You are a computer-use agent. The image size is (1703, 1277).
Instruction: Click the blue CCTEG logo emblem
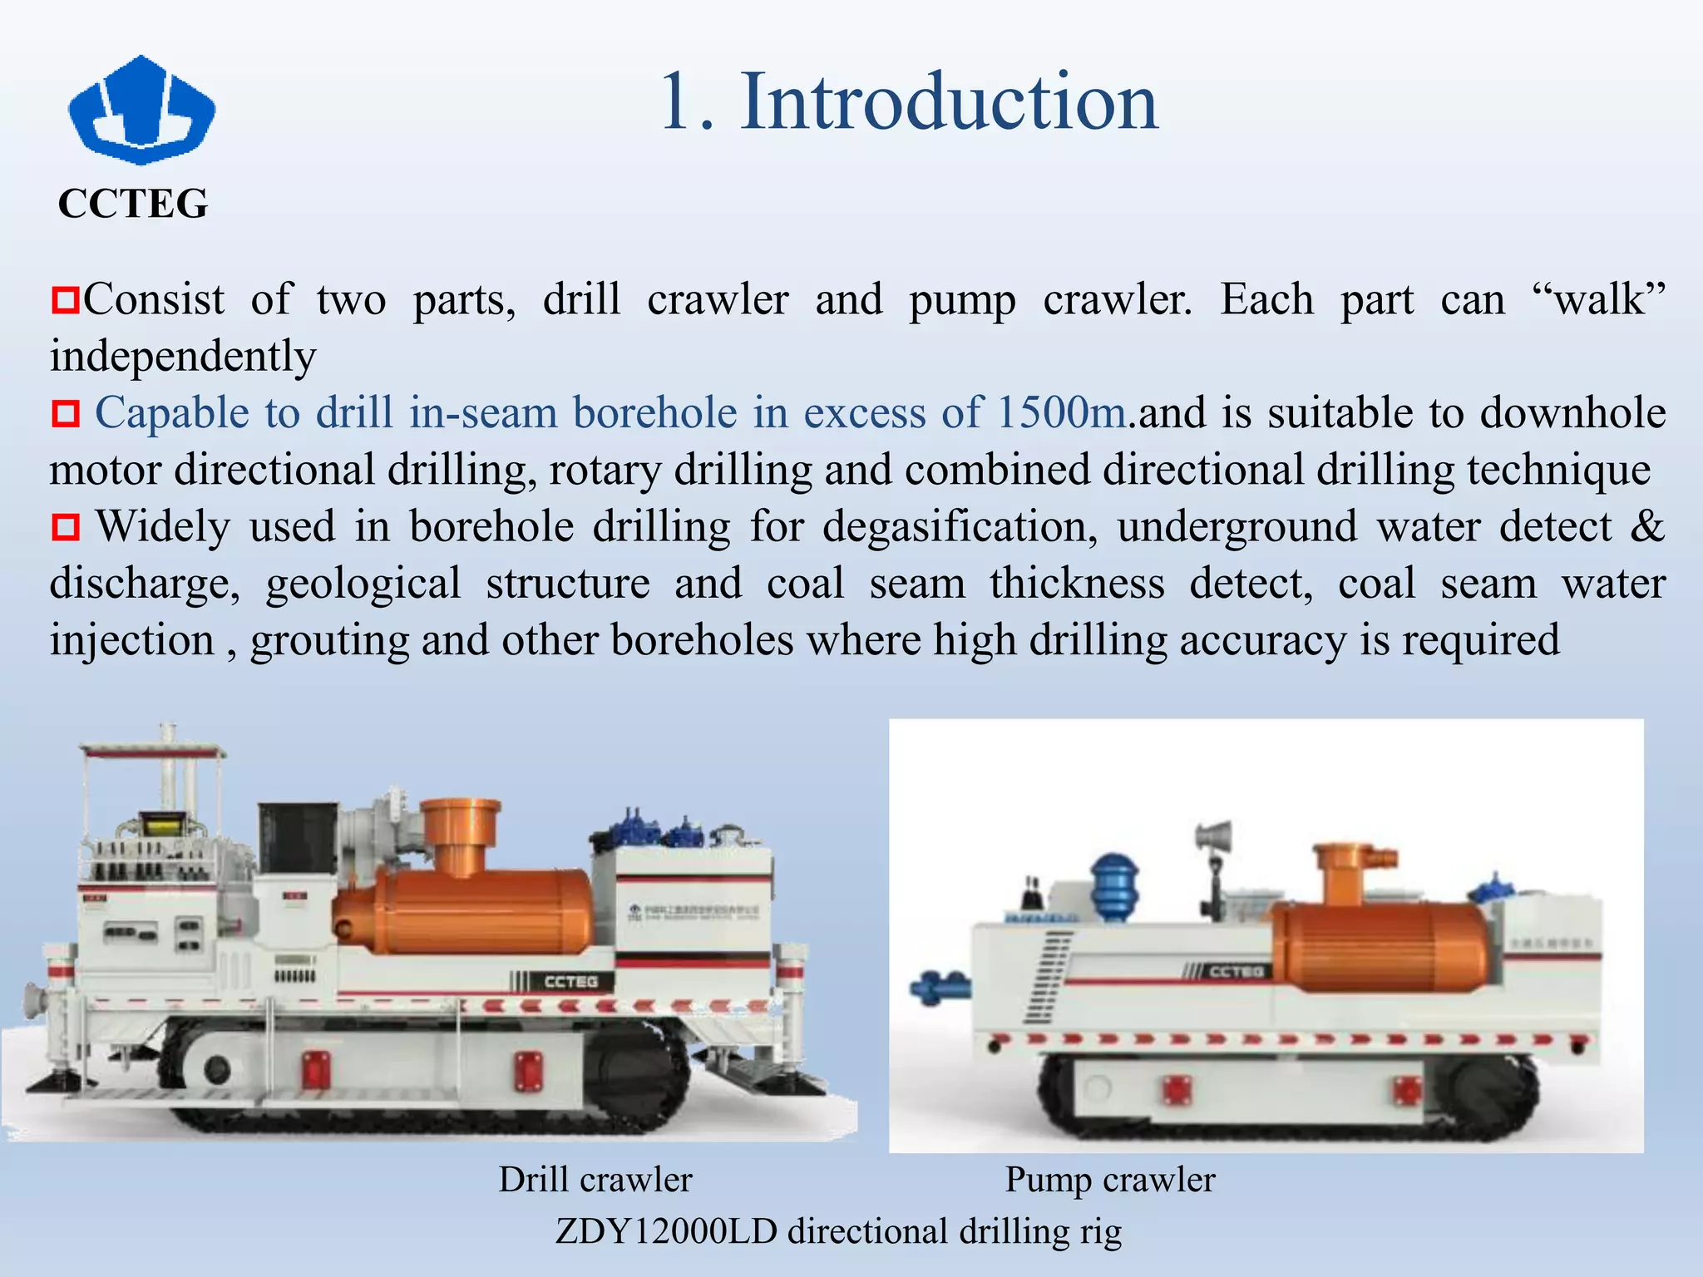141,110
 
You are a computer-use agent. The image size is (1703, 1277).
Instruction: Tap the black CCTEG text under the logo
133,204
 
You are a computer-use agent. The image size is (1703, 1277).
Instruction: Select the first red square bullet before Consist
65,300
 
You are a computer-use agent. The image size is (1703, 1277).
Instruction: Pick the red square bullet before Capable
65,413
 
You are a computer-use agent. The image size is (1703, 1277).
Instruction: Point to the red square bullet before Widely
65,527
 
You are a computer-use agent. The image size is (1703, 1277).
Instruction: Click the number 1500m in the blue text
1061,412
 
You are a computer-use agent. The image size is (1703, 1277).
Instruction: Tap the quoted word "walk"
1598,299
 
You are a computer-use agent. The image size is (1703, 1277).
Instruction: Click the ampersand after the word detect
1647,527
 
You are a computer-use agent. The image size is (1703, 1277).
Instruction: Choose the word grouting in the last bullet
330,640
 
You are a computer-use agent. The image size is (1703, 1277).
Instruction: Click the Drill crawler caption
595,1180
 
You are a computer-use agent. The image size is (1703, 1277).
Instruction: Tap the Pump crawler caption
1109,1180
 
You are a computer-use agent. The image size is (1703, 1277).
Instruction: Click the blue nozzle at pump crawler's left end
938,988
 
